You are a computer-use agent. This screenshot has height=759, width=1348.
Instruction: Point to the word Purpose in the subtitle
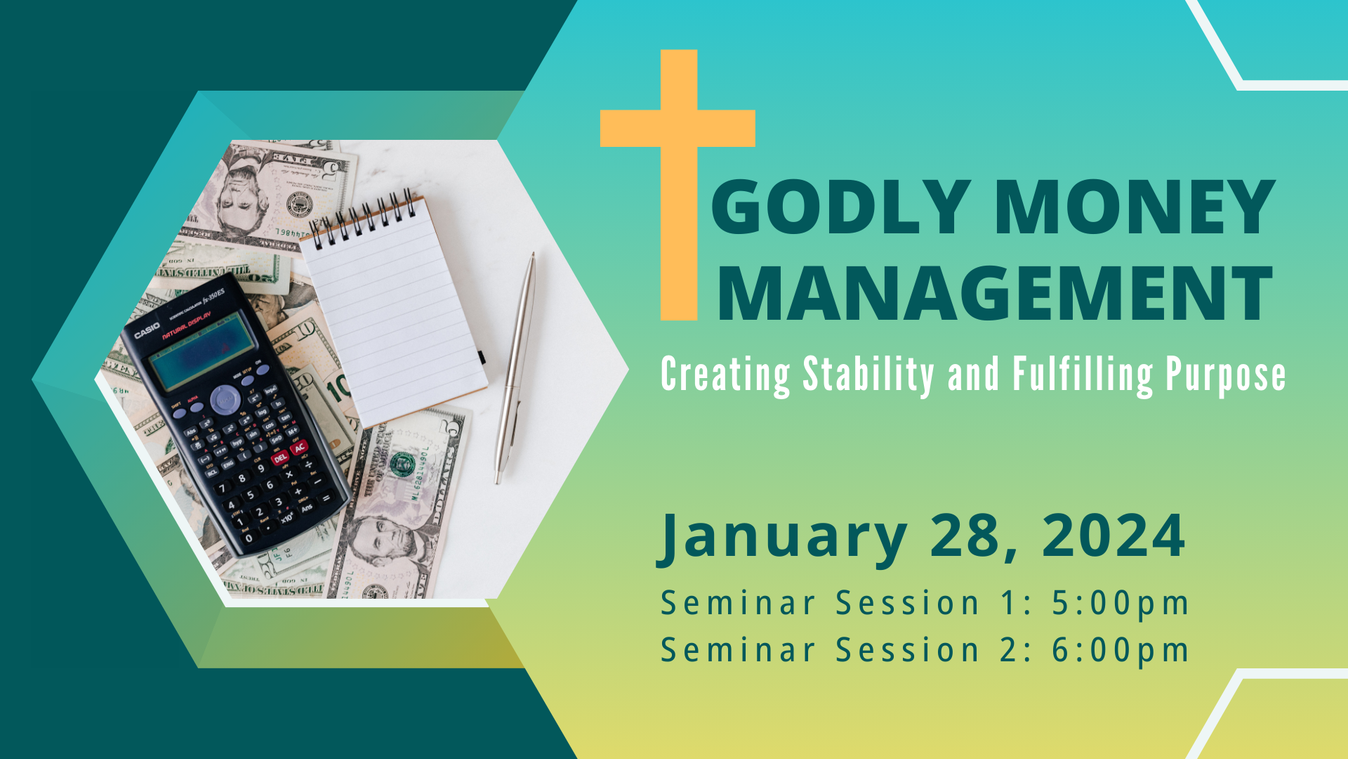1226,376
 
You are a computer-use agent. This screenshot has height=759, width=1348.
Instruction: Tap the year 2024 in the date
1114,536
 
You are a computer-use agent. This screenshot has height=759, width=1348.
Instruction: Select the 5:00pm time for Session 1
1120,604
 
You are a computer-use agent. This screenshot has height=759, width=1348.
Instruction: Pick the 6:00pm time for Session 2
1120,651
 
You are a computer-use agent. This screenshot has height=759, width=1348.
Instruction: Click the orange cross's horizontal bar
678,129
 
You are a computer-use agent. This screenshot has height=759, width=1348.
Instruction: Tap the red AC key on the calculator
300,448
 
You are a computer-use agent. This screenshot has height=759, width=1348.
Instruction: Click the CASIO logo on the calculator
147,331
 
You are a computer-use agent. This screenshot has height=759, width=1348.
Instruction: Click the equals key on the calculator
326,498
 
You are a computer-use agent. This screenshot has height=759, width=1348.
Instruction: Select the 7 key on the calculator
223,488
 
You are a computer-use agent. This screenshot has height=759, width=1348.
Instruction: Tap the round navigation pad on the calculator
225,400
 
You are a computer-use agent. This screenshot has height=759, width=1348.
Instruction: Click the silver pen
515,368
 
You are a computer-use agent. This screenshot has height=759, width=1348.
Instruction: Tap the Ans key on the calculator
307,508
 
